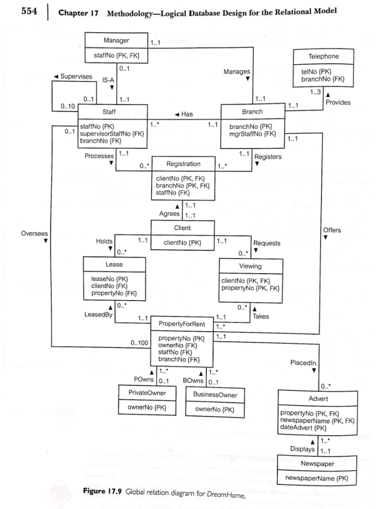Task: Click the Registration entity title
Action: coord(183,164)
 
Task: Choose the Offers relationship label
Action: coord(332,230)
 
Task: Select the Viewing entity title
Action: coord(250,266)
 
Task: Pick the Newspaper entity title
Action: coord(317,463)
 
